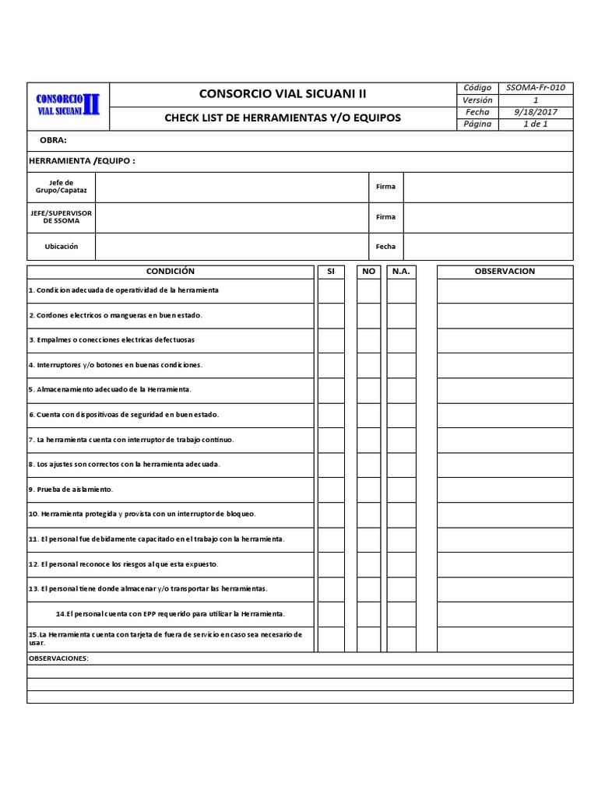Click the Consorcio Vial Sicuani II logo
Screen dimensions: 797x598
69,106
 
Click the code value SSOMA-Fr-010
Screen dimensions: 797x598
536,88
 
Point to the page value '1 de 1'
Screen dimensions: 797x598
536,124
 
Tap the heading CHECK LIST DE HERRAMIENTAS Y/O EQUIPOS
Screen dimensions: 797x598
282,118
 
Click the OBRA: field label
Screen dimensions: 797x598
53,141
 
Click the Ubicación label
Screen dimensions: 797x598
62,247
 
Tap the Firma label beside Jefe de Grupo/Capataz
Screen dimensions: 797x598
385,187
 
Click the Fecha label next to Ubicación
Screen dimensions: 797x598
385,247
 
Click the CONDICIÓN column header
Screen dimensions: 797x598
171,272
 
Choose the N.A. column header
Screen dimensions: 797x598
402,272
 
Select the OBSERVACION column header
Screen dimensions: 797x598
505,272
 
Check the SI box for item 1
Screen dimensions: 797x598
330,290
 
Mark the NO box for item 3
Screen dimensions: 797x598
369,340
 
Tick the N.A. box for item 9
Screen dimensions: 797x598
402,490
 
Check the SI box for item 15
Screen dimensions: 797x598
330,639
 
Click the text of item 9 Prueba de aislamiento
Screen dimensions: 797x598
71,490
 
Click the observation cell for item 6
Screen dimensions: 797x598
505,415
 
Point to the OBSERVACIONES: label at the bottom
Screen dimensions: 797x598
58,658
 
